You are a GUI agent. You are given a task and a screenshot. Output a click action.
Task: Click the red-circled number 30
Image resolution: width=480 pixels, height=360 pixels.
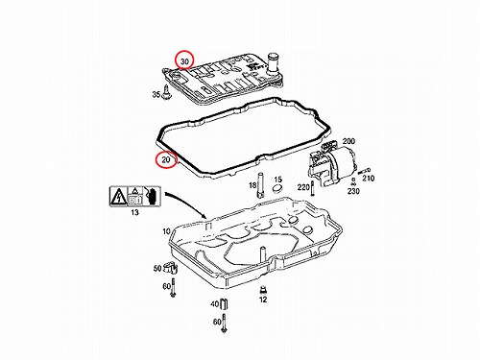point(185,61)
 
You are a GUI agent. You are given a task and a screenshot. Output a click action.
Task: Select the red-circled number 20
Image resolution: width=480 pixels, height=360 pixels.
point(166,159)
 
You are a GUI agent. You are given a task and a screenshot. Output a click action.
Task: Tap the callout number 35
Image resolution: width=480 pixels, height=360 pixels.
point(156,94)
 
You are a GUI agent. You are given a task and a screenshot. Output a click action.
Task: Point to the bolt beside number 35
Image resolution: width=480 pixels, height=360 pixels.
point(166,92)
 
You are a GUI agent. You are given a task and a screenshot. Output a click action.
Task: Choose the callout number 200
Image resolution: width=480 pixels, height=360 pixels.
point(348,141)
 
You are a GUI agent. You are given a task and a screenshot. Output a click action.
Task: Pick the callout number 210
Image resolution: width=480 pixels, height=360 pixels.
point(369,178)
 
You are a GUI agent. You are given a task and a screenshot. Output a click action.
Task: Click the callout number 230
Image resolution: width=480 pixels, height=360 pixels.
point(353,191)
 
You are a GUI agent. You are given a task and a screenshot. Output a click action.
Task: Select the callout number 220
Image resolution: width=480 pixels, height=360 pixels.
point(303,187)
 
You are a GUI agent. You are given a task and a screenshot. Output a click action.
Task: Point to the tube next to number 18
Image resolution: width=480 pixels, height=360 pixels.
point(260,185)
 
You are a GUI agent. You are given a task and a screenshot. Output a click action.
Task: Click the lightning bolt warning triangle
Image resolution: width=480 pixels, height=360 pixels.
point(118,197)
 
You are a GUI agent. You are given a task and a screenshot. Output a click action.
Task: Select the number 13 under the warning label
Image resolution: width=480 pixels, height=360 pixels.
point(134,212)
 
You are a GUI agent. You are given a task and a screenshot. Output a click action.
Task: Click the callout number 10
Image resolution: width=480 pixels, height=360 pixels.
point(166,231)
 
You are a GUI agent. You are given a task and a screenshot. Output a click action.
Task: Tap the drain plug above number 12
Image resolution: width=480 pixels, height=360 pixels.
point(263,290)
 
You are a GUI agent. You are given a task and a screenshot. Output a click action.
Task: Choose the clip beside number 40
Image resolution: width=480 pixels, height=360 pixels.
point(224,303)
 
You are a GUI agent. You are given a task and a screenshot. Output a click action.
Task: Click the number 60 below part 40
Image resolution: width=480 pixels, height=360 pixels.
point(217,321)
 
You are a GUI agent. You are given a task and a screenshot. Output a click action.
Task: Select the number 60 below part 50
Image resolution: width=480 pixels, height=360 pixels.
point(167,286)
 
